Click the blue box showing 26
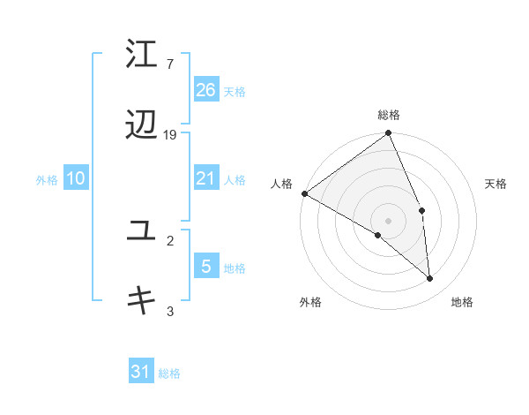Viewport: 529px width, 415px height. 205,89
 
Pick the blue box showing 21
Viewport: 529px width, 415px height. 205,178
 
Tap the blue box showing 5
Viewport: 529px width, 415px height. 205,266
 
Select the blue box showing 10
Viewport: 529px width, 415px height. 76,178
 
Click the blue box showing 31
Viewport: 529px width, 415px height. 140,372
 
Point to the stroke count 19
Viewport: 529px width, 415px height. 170,135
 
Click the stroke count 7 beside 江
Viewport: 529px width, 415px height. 169,64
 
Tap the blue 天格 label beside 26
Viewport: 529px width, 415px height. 235,91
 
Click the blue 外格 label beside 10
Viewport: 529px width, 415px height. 47,180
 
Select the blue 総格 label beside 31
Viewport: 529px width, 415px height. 169,373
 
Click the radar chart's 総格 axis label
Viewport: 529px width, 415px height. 389,115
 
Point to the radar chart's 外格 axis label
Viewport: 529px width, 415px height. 310,302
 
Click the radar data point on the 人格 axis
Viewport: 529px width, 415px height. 304,193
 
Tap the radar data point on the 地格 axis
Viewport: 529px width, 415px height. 429,278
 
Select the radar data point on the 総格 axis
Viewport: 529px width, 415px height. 389,135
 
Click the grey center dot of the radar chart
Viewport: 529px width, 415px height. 389,220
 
